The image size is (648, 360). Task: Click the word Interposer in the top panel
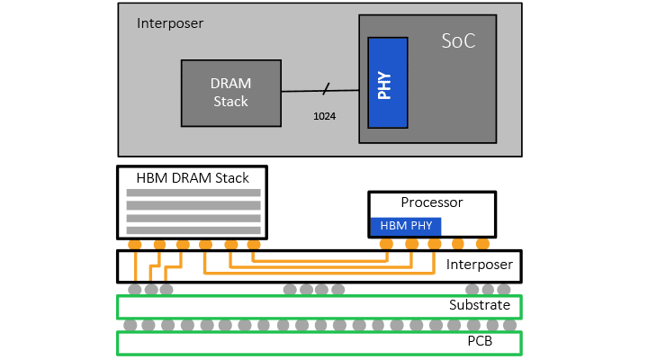click(x=170, y=22)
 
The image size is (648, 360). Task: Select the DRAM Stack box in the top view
click(x=230, y=92)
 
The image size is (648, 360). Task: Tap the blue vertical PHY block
click(x=388, y=82)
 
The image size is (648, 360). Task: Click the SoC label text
click(x=457, y=41)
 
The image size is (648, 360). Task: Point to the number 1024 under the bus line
click(x=324, y=116)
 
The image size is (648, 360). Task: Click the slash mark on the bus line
click(x=326, y=88)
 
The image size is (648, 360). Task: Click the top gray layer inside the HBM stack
click(x=193, y=193)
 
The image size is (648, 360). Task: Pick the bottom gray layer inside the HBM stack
click(x=193, y=230)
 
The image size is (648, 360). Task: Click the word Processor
click(x=431, y=202)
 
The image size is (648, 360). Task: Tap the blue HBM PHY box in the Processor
click(x=405, y=226)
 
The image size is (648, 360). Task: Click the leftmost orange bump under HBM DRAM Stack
click(x=135, y=245)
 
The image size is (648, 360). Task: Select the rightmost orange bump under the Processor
click(x=482, y=244)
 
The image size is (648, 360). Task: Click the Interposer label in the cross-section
click(x=479, y=265)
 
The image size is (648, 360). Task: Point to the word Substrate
click(x=479, y=305)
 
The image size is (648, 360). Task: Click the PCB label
click(x=479, y=342)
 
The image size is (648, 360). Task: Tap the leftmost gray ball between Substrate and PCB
click(x=130, y=325)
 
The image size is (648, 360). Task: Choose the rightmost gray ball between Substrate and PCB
click(x=509, y=325)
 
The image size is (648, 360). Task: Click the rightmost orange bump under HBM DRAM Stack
click(x=254, y=245)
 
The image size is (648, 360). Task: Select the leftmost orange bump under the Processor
click(x=386, y=244)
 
